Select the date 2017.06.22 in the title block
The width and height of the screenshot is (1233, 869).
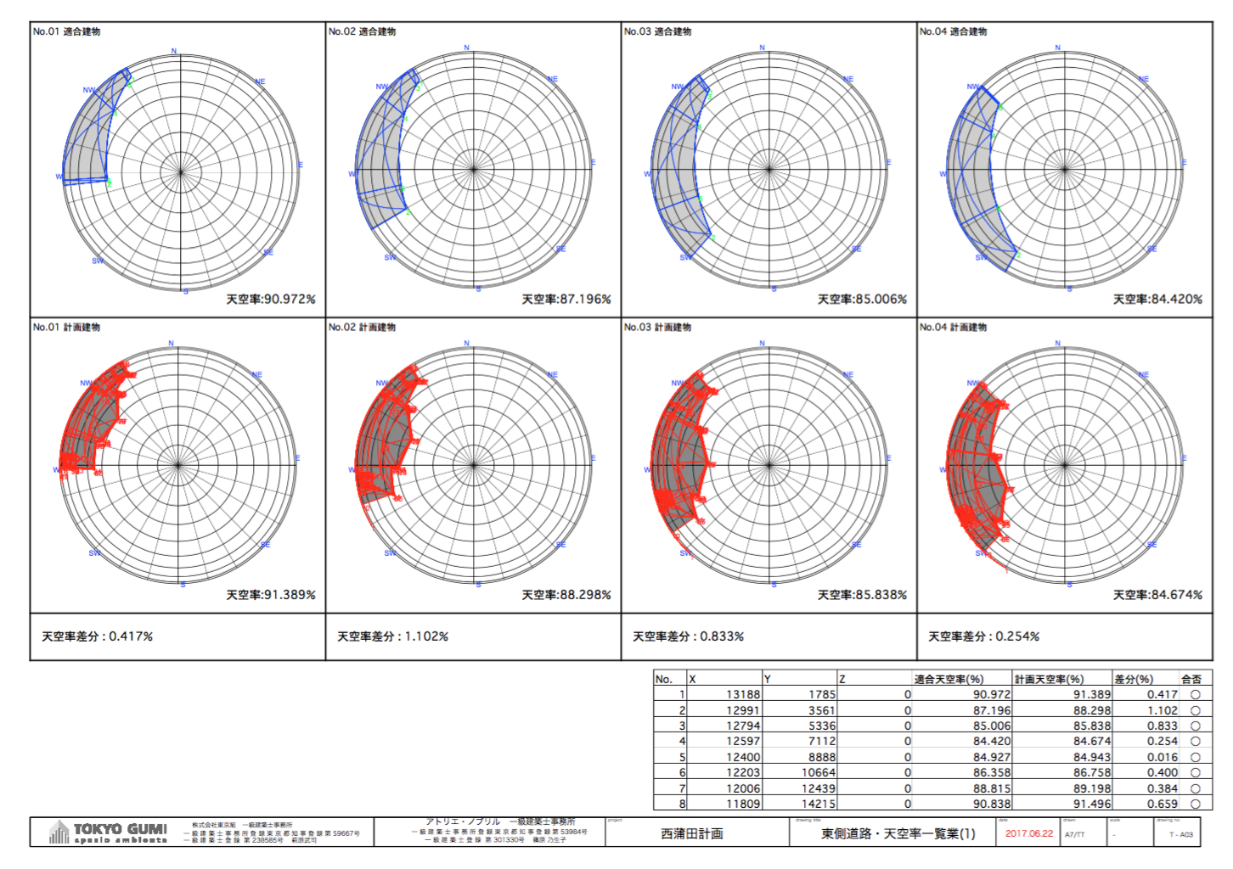click(x=1028, y=833)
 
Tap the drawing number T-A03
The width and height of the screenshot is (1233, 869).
click(x=1180, y=834)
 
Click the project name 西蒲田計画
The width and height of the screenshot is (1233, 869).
click(x=692, y=833)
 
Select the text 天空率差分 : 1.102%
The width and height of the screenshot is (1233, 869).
click(x=392, y=636)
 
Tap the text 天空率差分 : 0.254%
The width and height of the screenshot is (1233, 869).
click(x=983, y=636)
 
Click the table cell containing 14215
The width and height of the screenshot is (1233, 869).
click(x=818, y=804)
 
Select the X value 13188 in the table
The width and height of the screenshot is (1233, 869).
click(x=743, y=694)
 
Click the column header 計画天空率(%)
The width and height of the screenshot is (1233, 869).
click(x=1049, y=679)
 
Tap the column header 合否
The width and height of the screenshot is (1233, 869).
click(x=1191, y=679)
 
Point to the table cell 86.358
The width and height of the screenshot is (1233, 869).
click(x=991, y=772)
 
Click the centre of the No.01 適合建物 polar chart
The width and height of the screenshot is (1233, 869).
click(x=180, y=171)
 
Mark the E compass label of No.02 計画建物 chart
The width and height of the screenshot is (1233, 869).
click(x=593, y=458)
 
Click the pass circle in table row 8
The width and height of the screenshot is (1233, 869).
click(x=1195, y=804)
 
